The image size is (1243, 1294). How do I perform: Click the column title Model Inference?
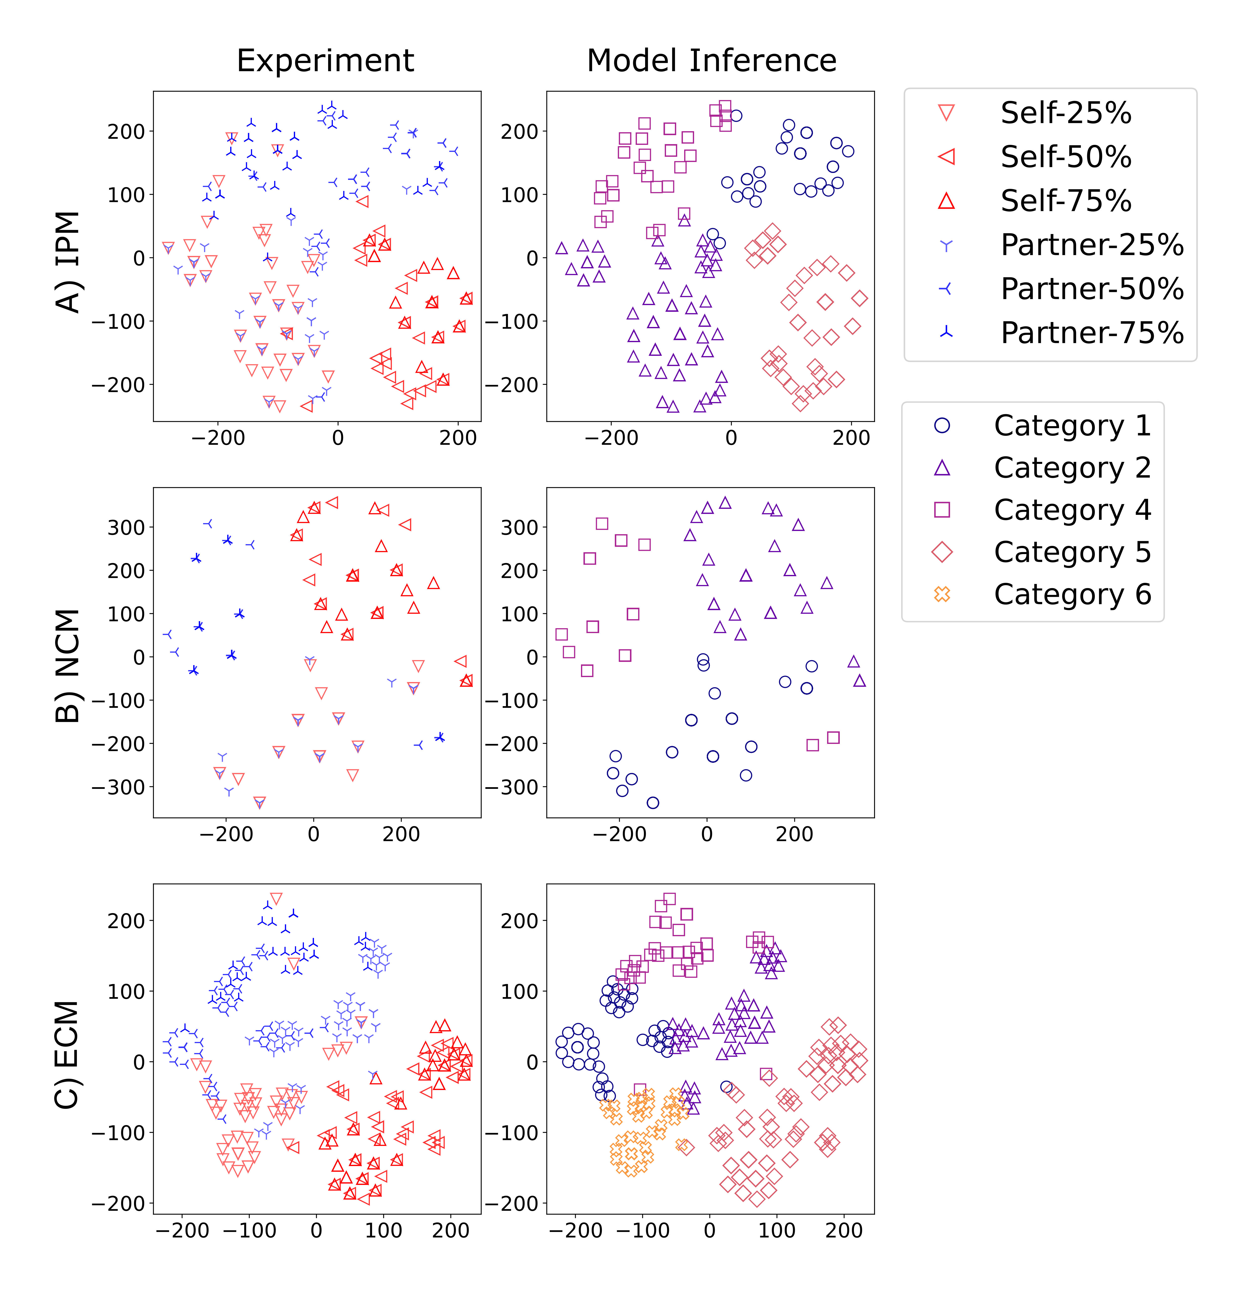[x=711, y=61]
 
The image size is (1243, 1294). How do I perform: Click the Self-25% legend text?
[x=1065, y=113]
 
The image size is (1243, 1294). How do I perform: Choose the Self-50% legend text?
[x=1065, y=157]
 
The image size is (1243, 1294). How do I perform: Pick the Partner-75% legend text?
[x=1092, y=333]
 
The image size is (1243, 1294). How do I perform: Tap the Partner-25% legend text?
[x=1092, y=245]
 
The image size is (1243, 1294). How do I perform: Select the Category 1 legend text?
[x=1072, y=426]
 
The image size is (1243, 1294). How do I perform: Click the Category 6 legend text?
[x=1072, y=594]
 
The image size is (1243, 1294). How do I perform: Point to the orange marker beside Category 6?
[x=942, y=594]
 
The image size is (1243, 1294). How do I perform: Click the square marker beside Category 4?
[x=942, y=510]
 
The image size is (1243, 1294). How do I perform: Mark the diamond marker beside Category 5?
[x=942, y=552]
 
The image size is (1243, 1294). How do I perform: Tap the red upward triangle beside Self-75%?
[x=946, y=201]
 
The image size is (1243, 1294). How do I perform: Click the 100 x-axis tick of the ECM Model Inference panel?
[x=777, y=1230]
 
